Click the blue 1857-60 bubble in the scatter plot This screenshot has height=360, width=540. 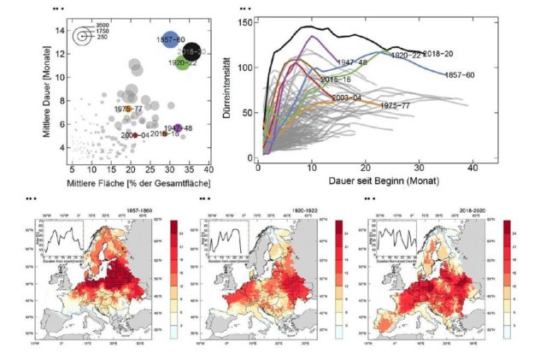pos(170,41)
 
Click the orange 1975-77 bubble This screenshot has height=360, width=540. pos(128,109)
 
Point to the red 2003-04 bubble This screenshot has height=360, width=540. pos(134,135)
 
